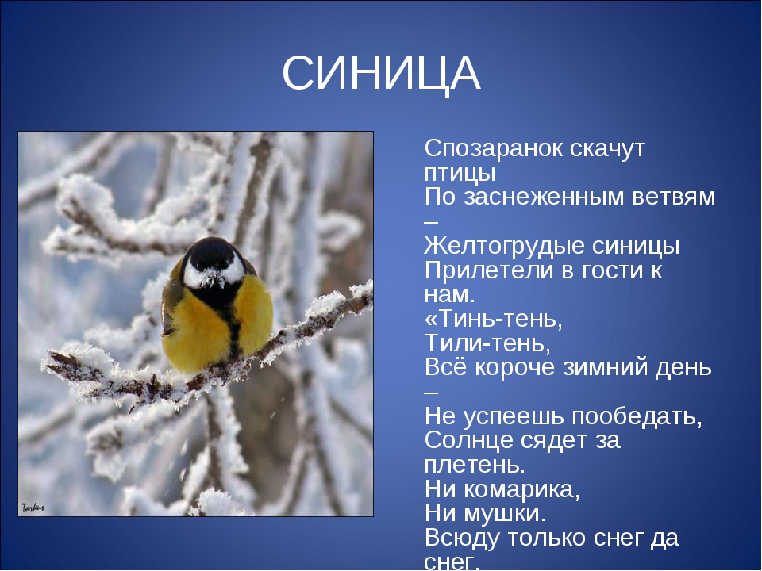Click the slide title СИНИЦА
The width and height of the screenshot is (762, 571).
click(x=381, y=74)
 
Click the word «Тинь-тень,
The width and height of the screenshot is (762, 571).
click(x=493, y=320)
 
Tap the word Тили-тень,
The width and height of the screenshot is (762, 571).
click(x=488, y=343)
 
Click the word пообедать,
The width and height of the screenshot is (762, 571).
click(x=637, y=416)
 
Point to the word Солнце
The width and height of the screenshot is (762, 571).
click(x=469, y=440)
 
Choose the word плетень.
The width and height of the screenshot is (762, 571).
click(x=475, y=465)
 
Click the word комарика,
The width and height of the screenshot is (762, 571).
click(x=521, y=489)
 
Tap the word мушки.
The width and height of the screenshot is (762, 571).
click(x=506, y=514)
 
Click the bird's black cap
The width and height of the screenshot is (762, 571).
click(x=213, y=251)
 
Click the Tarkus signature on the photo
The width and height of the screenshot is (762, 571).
click(x=33, y=508)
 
